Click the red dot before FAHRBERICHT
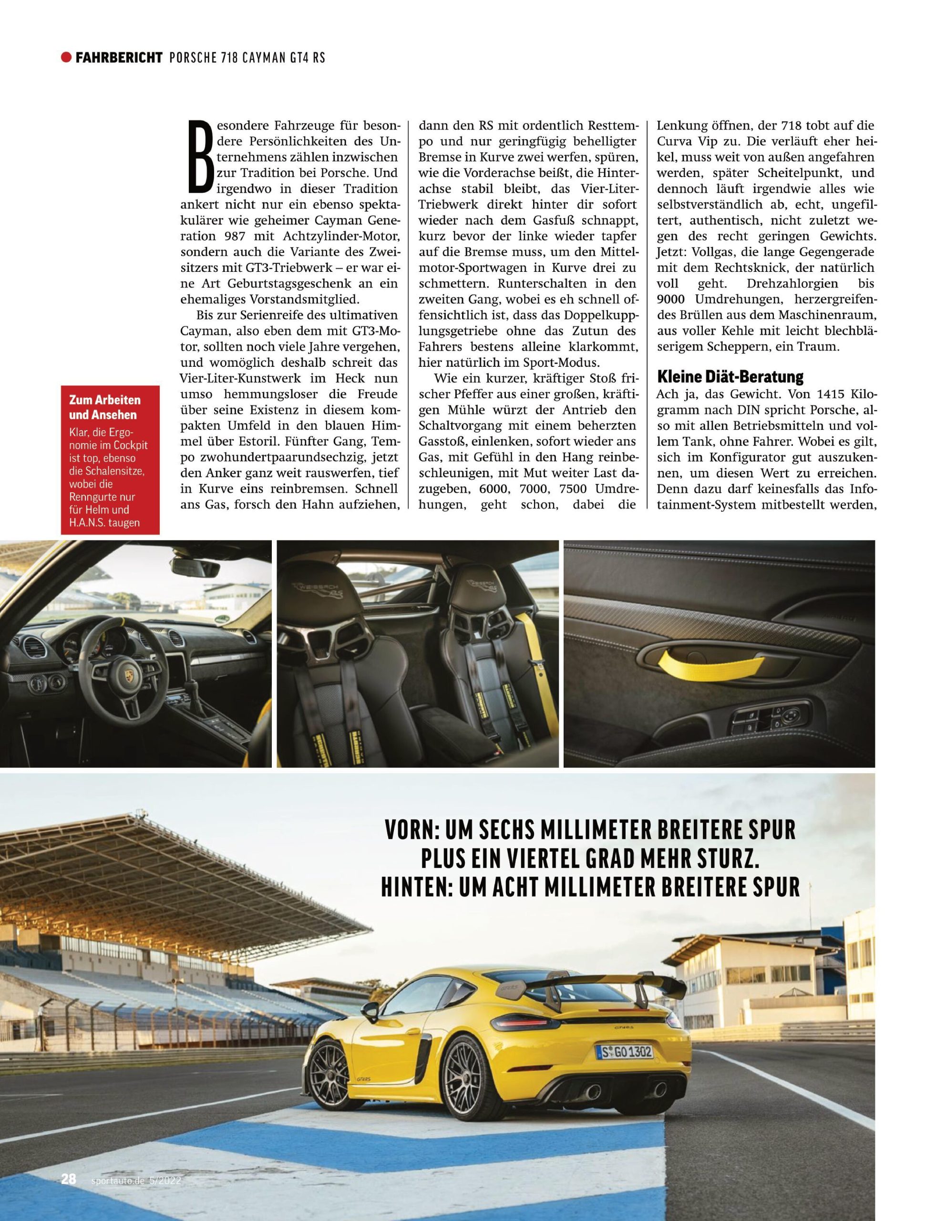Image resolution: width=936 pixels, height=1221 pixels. [x=67, y=57]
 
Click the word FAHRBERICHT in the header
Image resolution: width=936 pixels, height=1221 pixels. [x=119, y=57]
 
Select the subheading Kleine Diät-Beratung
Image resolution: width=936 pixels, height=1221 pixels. [x=730, y=377]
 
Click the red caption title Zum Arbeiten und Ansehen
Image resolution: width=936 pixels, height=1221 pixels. [x=105, y=407]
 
